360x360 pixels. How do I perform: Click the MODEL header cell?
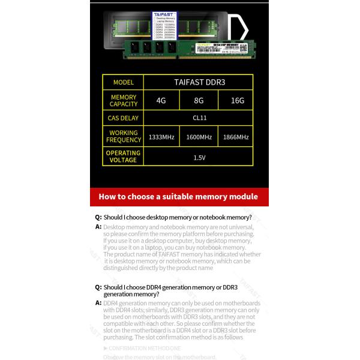coord(123,82)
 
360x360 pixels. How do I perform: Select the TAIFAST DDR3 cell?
coord(200,82)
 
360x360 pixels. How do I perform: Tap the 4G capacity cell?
coord(161,100)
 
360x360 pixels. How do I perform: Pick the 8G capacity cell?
coord(199,100)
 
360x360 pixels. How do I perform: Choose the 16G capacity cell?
coord(238,100)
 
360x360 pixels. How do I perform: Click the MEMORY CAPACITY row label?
coord(123,100)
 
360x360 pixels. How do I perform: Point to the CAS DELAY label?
coord(123,118)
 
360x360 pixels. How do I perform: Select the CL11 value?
coord(200,118)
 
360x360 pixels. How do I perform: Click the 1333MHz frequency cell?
coord(161,137)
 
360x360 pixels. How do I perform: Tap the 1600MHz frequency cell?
coord(199,137)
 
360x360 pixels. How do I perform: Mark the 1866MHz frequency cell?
coord(235,137)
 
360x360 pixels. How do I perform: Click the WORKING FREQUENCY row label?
coord(123,136)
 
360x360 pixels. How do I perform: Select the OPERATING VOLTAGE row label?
coord(123,157)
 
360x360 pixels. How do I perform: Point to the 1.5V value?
coord(200,157)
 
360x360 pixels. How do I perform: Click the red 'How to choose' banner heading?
coord(178,196)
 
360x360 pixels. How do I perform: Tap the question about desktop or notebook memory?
coord(177,217)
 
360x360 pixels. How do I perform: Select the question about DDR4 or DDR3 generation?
coord(170,291)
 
